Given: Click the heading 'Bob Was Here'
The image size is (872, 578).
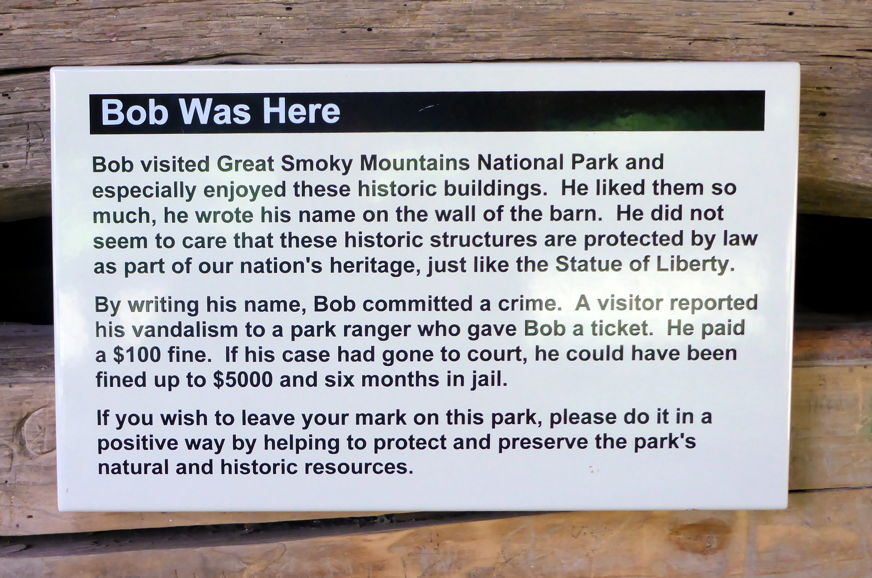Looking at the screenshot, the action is [x=220, y=112].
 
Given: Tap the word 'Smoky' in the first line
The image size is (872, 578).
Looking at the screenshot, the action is [x=317, y=164].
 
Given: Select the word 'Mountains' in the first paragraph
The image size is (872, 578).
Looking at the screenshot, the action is [x=414, y=163].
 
